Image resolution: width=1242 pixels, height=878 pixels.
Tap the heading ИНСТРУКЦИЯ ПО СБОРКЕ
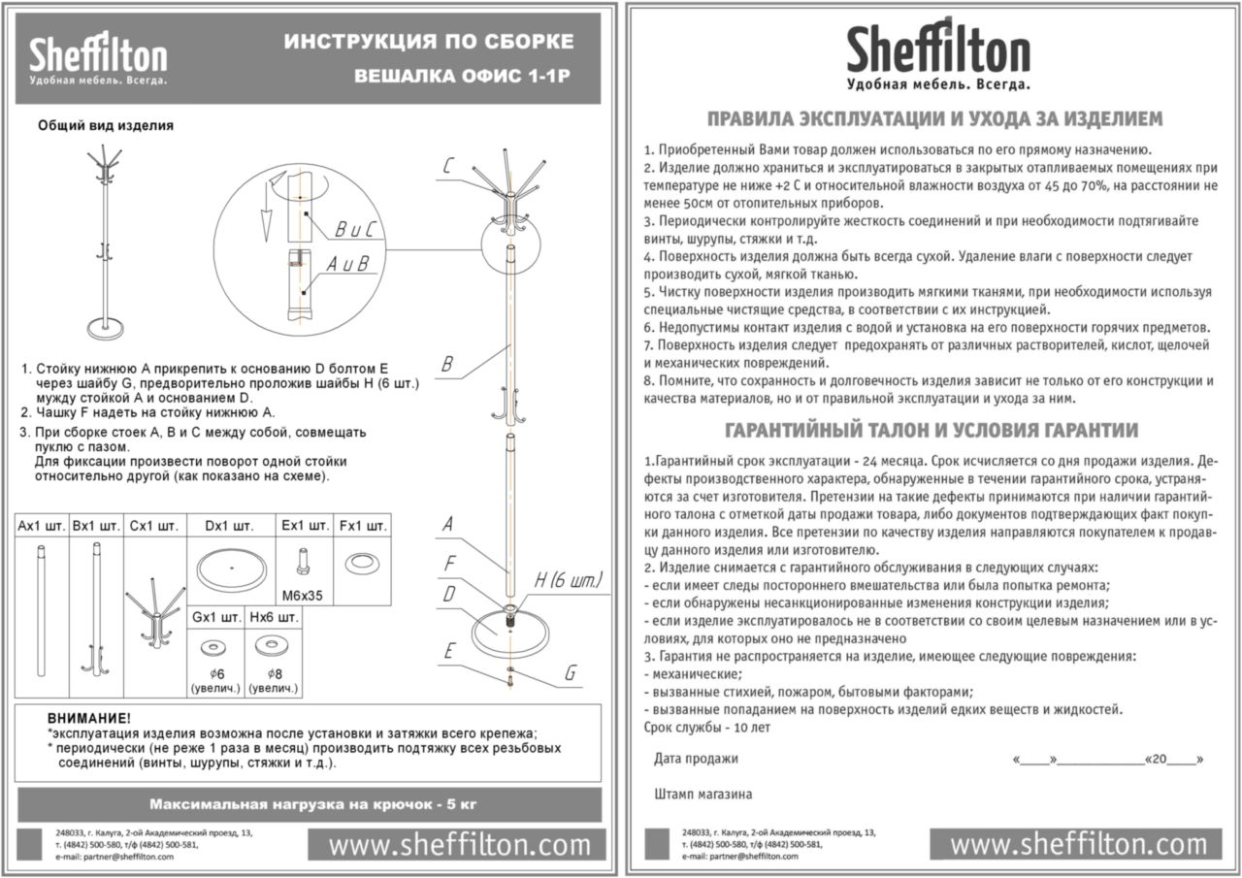428,42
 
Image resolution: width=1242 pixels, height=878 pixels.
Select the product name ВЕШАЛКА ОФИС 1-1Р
463,76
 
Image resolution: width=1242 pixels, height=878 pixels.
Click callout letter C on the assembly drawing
447,166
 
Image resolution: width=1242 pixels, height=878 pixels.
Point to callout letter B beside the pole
447,365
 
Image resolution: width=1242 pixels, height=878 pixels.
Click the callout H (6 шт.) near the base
569,581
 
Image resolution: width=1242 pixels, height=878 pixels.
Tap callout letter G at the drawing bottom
571,673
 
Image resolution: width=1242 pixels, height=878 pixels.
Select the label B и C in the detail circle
353,230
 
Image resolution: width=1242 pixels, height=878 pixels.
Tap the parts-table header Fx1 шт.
363,526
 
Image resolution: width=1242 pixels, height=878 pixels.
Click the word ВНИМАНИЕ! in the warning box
88,718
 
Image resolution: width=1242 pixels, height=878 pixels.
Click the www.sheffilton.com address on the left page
459,845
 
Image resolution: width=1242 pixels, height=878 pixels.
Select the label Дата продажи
696,759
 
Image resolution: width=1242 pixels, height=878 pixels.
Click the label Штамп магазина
703,795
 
